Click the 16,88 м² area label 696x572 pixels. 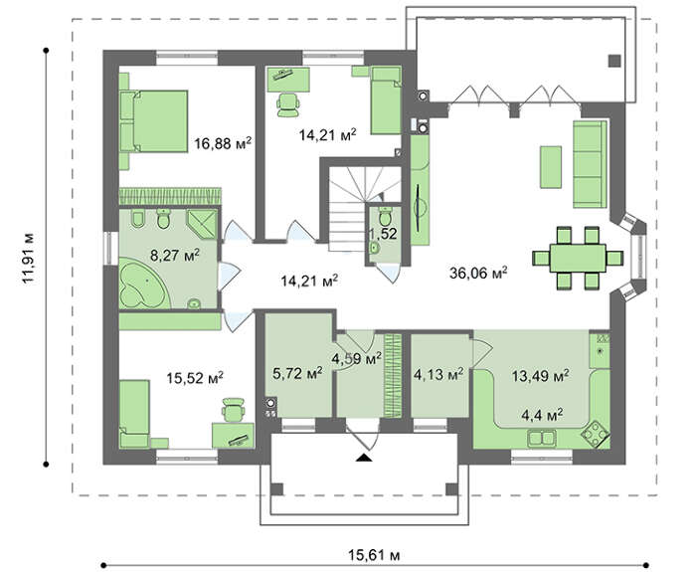223,143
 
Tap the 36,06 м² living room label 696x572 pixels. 478,273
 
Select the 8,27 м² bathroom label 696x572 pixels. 175,256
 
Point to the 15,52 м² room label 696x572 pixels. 195,378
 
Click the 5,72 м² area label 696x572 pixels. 297,374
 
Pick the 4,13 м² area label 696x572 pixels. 438,374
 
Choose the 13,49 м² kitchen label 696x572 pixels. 541,376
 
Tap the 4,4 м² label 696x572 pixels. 542,416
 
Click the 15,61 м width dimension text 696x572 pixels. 374,555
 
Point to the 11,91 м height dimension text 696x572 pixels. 29,258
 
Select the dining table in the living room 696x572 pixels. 578,258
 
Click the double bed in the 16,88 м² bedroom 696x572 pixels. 153,121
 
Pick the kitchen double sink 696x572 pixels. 542,439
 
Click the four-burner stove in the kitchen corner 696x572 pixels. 594,434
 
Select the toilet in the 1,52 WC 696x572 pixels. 385,217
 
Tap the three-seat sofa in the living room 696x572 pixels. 590,164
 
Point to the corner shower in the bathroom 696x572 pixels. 203,224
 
